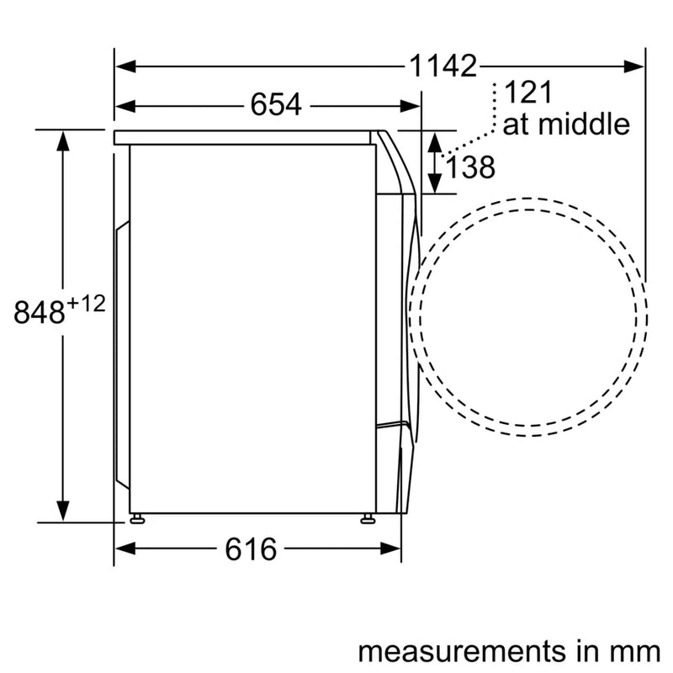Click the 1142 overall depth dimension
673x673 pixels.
point(442,65)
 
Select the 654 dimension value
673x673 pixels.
point(275,105)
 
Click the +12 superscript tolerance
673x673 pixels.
point(87,304)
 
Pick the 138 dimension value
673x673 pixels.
point(469,168)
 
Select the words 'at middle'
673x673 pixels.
point(565,125)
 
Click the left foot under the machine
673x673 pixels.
point(135,518)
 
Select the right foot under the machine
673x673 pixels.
point(367,518)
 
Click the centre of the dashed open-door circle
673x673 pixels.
point(528,318)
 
